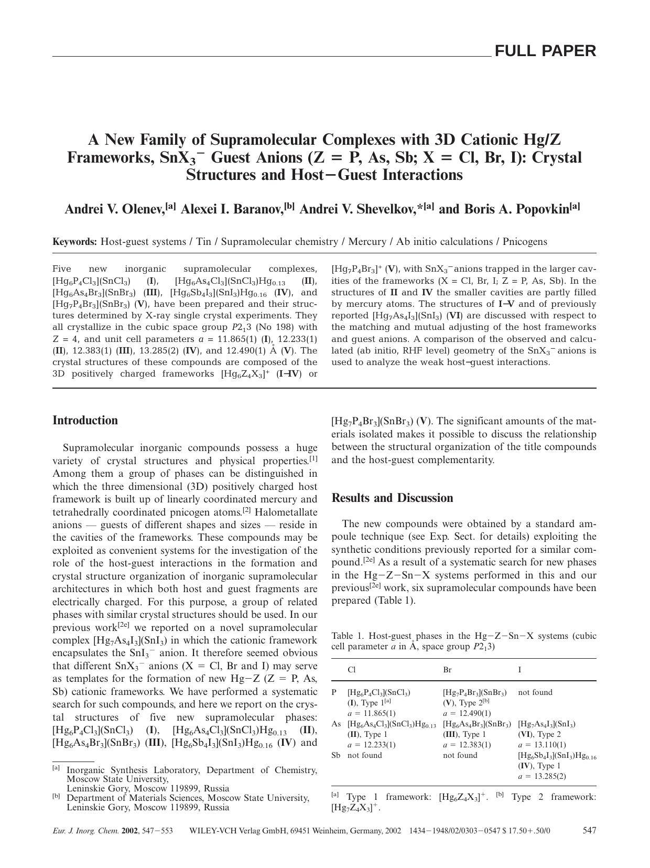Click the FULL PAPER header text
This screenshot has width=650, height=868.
pyautogui.click(x=545, y=51)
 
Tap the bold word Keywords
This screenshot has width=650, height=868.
pyautogui.click(x=74, y=242)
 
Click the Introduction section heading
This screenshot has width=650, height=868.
pyautogui.click(x=85, y=421)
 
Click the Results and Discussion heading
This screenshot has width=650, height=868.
pyautogui.click(x=392, y=498)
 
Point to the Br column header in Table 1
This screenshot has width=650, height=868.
pyautogui.click(x=447, y=670)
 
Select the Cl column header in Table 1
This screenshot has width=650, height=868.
pyautogui.click(x=351, y=670)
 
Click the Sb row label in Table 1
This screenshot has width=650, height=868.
pyautogui.click(x=336, y=755)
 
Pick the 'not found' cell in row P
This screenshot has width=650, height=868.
pyautogui.click(x=535, y=692)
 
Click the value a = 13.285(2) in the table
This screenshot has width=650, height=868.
pyautogui.click(x=542, y=776)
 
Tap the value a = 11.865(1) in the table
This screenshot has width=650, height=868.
pyautogui.click(x=372, y=713)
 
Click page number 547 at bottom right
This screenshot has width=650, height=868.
pyautogui.click(x=589, y=830)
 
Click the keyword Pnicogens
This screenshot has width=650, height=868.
pyautogui.click(x=525, y=242)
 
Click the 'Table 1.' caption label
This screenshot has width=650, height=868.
pyautogui.click(x=346, y=636)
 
